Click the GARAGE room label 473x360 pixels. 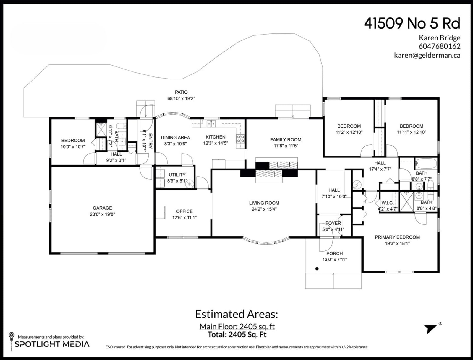[x=102, y=208]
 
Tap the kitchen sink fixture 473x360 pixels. [x=211, y=124]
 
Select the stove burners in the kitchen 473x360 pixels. [x=240, y=139]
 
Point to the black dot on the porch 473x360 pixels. [x=317, y=269]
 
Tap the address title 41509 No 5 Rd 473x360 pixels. [x=412, y=23]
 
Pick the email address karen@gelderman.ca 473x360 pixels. [x=427, y=55]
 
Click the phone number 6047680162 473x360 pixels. [x=439, y=46]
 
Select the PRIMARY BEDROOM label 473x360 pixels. [x=397, y=237]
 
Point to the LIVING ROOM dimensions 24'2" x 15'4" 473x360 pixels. [x=264, y=209]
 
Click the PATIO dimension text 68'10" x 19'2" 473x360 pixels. [x=181, y=99]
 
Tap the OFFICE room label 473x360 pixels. [x=184, y=211]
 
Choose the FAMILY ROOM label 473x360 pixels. [x=286, y=140]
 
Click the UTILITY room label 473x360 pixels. [x=177, y=175]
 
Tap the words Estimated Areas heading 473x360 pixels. [x=237, y=315]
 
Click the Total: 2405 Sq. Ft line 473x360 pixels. [x=237, y=335]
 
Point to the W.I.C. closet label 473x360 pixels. [x=387, y=203]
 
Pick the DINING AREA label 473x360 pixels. [x=175, y=138]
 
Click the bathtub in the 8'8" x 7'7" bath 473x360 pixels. [x=426, y=164]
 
